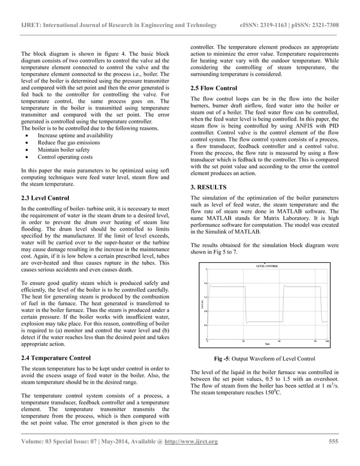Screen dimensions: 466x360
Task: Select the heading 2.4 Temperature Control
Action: click(x=54, y=358)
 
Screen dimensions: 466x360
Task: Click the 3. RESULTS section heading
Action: click(x=209, y=187)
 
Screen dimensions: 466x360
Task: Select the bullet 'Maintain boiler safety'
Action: click(x=65, y=150)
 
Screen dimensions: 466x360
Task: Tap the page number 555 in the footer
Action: click(x=333, y=441)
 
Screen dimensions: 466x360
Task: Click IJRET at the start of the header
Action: click(x=30, y=25)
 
